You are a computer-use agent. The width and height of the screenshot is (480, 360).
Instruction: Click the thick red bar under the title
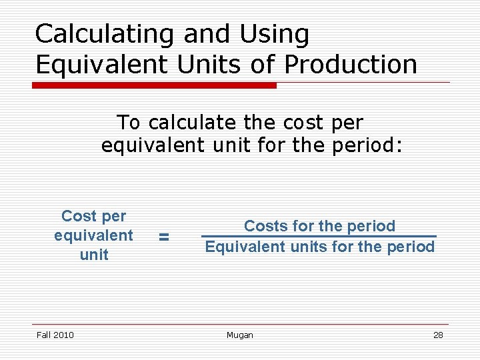click(155, 85)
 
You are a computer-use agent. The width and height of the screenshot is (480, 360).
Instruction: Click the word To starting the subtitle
click(129, 123)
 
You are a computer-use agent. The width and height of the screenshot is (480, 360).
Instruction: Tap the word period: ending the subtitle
click(367, 145)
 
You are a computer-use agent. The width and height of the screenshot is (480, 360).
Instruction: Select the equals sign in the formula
click(164, 236)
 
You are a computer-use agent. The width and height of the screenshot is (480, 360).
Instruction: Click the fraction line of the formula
click(319, 236)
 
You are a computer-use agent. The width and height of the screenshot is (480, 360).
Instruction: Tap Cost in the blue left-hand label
click(79, 216)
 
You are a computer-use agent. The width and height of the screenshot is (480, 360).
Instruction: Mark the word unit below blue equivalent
click(94, 255)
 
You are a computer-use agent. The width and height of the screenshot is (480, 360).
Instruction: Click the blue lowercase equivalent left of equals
click(93, 235)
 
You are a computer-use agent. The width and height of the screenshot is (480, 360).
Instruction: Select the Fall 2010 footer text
click(55, 335)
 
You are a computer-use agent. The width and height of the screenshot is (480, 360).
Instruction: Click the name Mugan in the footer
click(239, 335)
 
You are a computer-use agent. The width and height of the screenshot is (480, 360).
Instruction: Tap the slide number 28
click(438, 335)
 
